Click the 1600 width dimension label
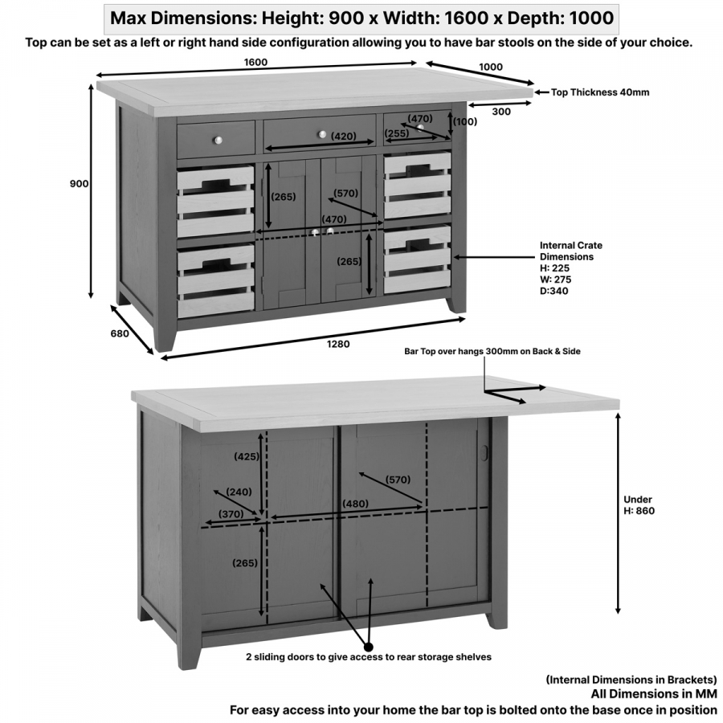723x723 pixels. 256,62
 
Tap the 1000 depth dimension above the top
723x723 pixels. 490,67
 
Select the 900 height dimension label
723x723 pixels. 80,184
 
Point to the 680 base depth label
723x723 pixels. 120,334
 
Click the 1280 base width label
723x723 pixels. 338,344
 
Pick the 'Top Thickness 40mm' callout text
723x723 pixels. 599,92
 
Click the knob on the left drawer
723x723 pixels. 217,140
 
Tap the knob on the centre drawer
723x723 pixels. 322,134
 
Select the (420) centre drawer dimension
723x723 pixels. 343,137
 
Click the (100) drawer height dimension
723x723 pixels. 465,122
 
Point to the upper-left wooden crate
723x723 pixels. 216,201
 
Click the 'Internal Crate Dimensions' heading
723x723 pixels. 571,251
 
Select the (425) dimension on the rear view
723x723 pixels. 246,456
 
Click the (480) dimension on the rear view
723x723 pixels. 356,504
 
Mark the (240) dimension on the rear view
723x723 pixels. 239,492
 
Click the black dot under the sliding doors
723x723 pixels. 369,645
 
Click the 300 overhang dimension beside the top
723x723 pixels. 501,112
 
